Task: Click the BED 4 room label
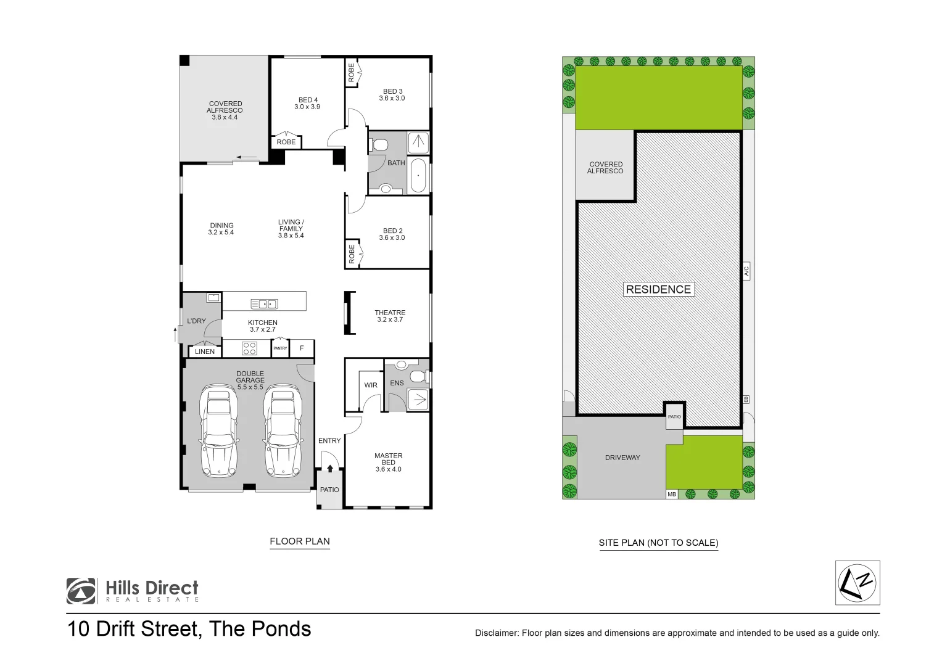(x=308, y=103)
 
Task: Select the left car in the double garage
(x=218, y=431)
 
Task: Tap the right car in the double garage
(x=283, y=431)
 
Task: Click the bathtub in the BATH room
(x=418, y=176)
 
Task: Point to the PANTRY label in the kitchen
(x=280, y=348)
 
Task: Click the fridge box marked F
(x=302, y=348)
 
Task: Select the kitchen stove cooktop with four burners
(x=249, y=348)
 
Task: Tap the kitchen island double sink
(x=264, y=304)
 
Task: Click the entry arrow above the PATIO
(x=330, y=469)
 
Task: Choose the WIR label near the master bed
(x=371, y=385)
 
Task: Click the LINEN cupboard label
(x=205, y=351)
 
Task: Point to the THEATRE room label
(x=390, y=316)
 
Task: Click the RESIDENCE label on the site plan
(x=658, y=289)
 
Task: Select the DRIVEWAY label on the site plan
(x=622, y=458)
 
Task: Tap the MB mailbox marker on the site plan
(x=672, y=494)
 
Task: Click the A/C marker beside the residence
(x=746, y=270)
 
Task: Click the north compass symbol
(x=857, y=583)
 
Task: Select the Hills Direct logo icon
(x=81, y=591)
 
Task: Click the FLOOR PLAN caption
(x=300, y=541)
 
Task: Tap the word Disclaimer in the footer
(x=496, y=633)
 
